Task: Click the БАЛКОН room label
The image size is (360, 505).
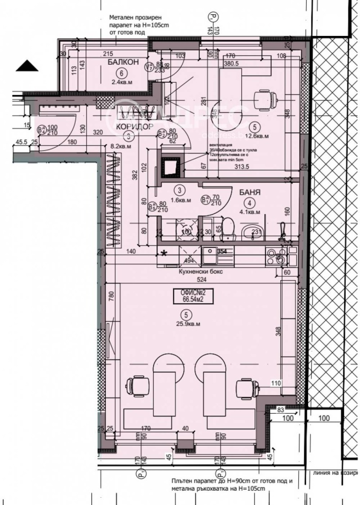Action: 120,62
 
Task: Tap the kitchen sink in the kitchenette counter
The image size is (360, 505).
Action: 210,256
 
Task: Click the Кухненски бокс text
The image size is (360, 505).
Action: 201,272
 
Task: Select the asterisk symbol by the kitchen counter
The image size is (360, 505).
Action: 164,253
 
